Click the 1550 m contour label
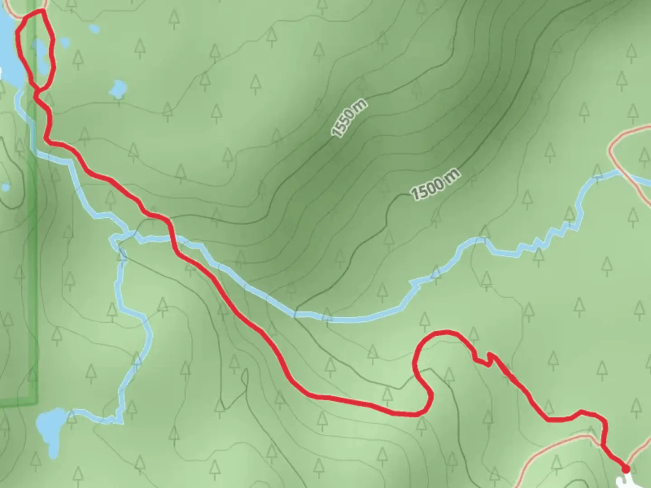[349, 119]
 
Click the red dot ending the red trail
[626, 469]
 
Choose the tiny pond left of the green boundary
[5, 187]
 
